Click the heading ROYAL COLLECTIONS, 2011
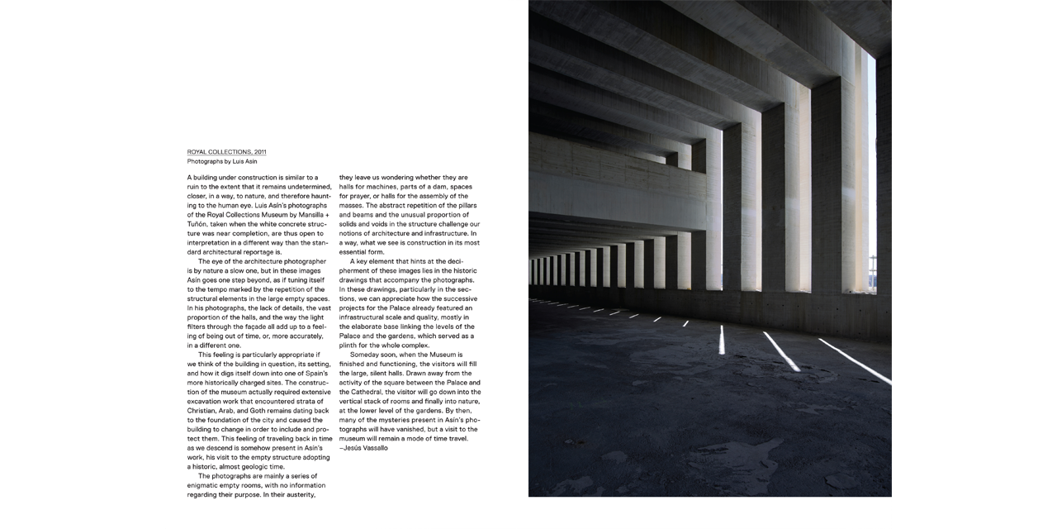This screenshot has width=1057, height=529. click(x=226, y=152)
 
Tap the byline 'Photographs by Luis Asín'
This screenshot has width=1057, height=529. click(x=221, y=161)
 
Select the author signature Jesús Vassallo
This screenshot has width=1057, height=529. click(x=365, y=448)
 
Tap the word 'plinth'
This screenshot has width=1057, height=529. click(x=350, y=346)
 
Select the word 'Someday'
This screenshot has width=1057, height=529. click(x=367, y=355)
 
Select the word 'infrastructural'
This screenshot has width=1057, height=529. click(x=367, y=317)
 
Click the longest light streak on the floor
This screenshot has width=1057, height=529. click(x=855, y=362)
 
